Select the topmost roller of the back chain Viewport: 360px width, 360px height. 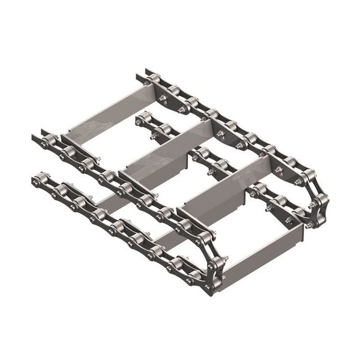[x=152, y=79]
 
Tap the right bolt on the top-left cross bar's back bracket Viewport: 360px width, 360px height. [x=181, y=109]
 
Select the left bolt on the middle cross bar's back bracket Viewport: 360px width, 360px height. [x=221, y=134]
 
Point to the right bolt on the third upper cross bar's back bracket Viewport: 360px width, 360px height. [x=298, y=181]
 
